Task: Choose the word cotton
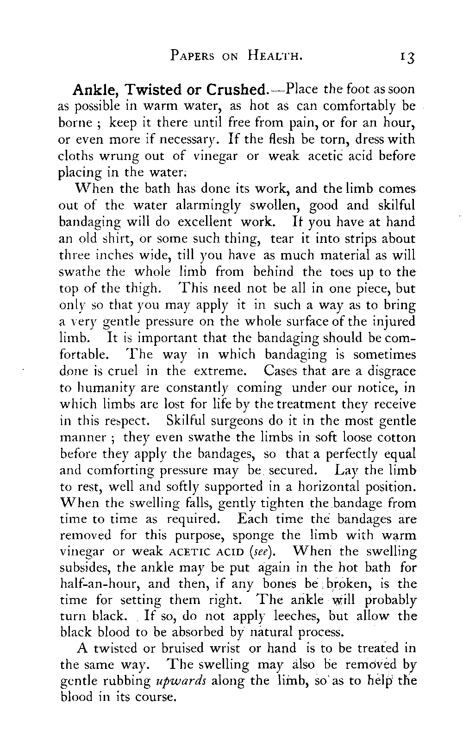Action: (x=395, y=437)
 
